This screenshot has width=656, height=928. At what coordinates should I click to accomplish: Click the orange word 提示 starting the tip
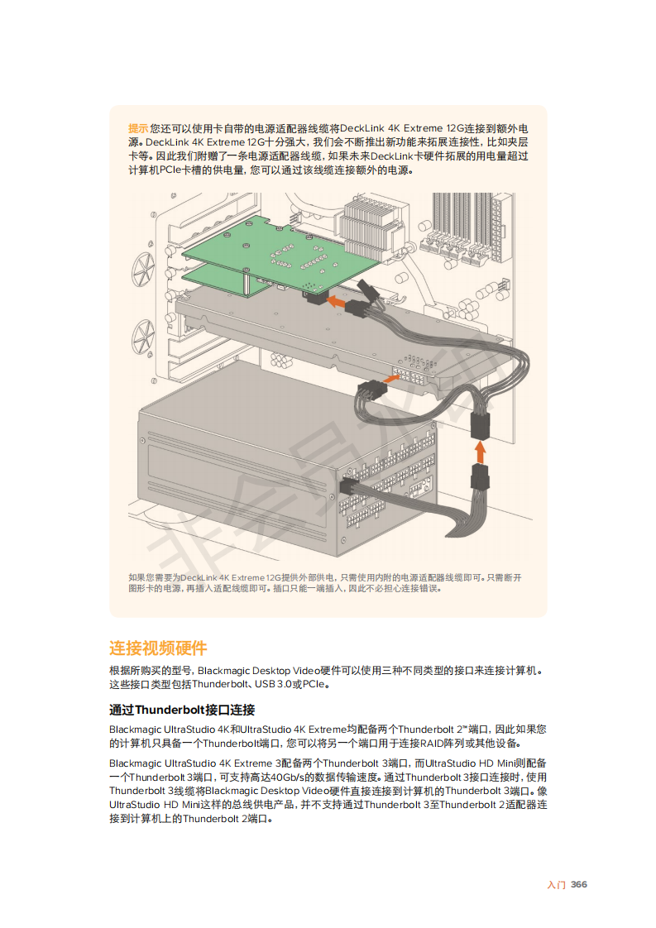click(138, 128)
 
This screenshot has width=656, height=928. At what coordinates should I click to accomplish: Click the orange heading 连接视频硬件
click(158, 648)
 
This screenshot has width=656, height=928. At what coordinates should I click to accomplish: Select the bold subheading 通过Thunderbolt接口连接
click(182, 710)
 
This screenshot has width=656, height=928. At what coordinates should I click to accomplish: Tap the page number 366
click(579, 884)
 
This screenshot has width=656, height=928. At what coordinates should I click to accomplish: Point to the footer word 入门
click(557, 885)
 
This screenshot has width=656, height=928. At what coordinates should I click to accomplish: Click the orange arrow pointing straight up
click(480, 452)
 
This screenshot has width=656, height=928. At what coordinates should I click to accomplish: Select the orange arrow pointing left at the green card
click(337, 302)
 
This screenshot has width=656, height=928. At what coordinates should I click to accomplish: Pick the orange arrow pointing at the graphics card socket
click(390, 378)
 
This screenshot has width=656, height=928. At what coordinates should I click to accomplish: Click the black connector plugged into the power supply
click(348, 488)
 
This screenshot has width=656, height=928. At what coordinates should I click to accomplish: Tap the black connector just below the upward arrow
click(480, 477)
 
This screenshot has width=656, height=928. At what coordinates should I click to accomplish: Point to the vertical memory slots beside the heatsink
click(462, 227)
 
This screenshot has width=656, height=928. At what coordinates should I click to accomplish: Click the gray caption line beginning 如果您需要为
click(325, 577)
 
